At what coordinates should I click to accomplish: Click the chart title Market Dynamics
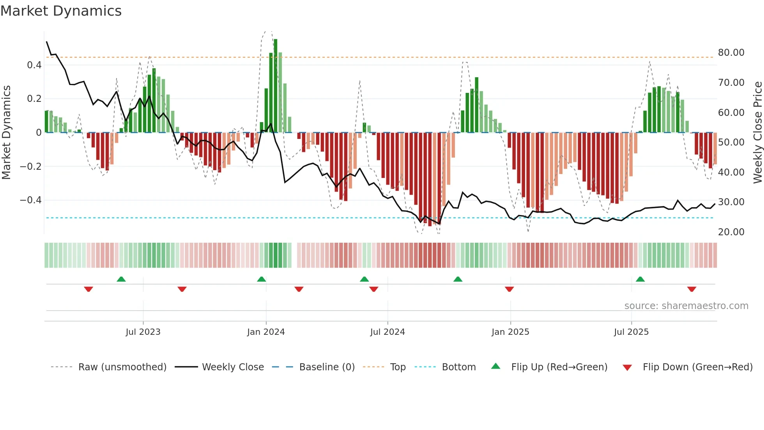pos(61,11)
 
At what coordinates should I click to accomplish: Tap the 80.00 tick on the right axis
pos(731,53)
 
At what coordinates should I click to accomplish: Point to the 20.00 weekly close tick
pos(731,232)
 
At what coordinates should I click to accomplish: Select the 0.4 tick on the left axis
pos(34,65)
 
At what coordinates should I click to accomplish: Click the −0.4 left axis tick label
pos(31,200)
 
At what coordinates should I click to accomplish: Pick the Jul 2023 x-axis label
pos(143,332)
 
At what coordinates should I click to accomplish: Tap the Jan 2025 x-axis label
pos(510,332)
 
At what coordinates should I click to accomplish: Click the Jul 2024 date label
pos(387,332)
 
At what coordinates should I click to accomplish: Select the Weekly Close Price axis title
pos(757,132)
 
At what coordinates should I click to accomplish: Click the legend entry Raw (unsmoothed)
pos(122,367)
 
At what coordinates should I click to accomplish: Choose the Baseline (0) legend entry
pos(327,367)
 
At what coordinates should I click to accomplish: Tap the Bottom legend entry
pos(458,367)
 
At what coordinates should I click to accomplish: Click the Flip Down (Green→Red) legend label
pos(697,367)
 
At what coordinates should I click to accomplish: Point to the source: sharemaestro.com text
pos(686,306)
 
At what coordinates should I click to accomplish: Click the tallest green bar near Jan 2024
pos(276,86)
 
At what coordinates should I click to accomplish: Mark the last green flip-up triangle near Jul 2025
pos(640,279)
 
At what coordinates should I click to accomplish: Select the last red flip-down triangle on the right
pos(691,289)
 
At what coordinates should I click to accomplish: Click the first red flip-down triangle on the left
pos(88,289)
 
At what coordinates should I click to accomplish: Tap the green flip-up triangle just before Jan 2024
pos(262,279)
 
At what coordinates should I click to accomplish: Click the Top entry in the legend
pos(398,367)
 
